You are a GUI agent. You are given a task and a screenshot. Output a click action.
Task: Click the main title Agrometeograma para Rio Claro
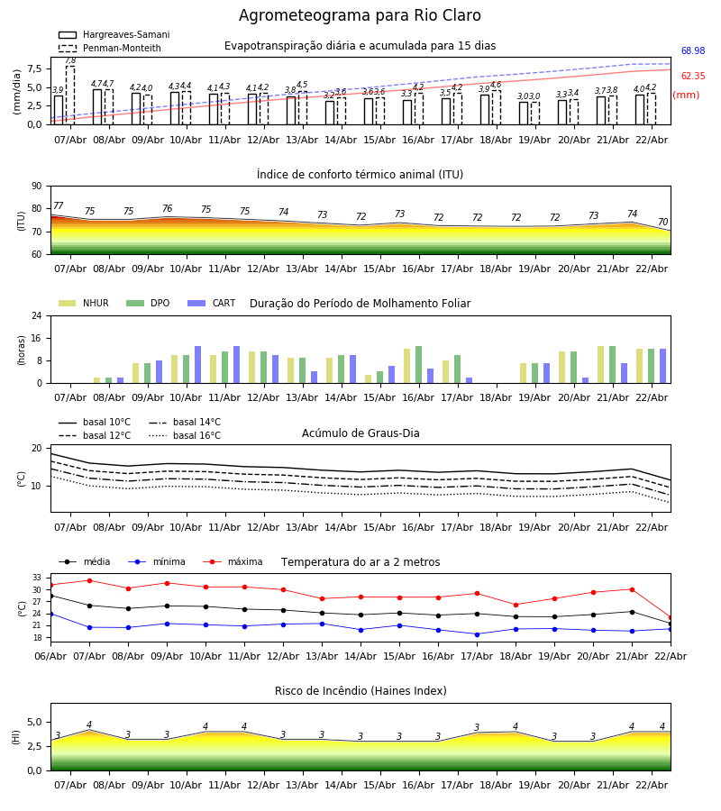pos(360,16)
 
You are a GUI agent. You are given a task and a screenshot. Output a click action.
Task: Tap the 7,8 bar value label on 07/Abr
pos(70,60)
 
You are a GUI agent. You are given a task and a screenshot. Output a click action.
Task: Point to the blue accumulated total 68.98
pos(692,51)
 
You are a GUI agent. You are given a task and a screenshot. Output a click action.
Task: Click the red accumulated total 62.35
pos(692,77)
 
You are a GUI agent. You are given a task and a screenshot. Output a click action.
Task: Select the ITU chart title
pos(360,175)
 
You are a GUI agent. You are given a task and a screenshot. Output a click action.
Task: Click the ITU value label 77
pos(59,206)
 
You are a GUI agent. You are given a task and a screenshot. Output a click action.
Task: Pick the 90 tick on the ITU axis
pos(36,187)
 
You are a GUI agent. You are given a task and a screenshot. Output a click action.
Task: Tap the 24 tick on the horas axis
pos(36,316)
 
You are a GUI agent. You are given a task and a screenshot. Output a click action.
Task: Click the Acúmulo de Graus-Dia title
pos(360,433)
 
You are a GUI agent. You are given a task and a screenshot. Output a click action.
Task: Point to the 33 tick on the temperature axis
pos(37,578)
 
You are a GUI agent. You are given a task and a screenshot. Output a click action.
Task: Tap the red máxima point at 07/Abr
pos(89,580)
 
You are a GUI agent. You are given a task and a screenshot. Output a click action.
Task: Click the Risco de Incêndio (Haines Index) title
pos(360,691)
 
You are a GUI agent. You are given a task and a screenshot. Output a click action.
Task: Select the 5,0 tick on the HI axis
pos(33,722)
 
